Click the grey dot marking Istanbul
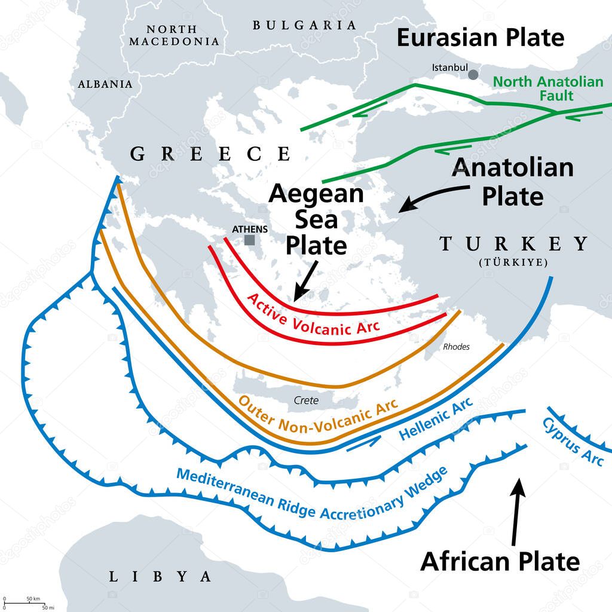coord(473,75)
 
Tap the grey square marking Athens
coord(249,240)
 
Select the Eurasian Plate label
coord(481,38)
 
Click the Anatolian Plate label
coord(513,182)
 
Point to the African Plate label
coord(500,561)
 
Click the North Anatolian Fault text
coord(548,88)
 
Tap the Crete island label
coord(306,400)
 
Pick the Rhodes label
coord(456,347)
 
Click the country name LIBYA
coord(160,577)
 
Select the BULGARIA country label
coord(304,25)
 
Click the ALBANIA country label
coord(105,84)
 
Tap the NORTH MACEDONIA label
coord(174,35)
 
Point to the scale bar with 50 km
coord(24,603)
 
